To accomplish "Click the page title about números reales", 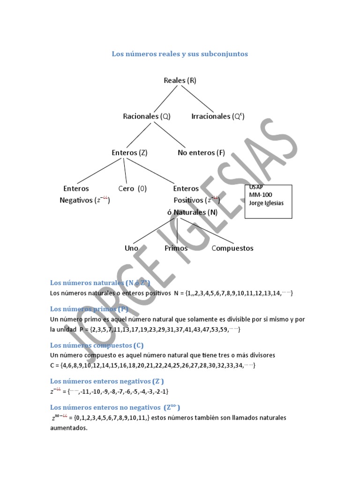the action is click(180, 54).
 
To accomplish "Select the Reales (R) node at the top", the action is click(180, 80).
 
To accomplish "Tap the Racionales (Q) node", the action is click(147, 116).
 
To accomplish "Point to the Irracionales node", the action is click(218, 116).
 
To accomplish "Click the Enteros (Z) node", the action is click(129, 152).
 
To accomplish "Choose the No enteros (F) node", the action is click(201, 152).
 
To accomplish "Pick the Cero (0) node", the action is click(132, 188).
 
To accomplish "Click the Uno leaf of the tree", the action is click(132, 248).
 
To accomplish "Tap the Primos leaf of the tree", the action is click(176, 248).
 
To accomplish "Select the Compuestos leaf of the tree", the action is click(232, 248).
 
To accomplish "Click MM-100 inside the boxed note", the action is click(261, 195).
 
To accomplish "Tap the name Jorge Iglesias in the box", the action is click(267, 203).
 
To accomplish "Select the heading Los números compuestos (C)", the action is click(97, 345).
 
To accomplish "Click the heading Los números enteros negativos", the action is click(107, 381).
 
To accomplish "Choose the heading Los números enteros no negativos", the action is click(115, 407).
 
